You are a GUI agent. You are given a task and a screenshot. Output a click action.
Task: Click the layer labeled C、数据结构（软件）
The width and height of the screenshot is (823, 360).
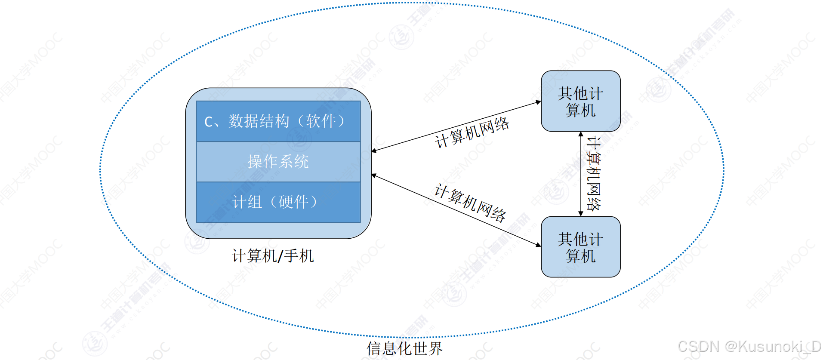pos(278,121)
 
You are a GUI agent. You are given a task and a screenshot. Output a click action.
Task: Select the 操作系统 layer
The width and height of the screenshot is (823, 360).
pos(278,162)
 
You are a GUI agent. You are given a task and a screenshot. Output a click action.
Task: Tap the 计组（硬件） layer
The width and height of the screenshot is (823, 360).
pos(278,202)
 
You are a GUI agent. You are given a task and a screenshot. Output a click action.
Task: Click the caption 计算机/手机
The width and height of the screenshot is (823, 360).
pos(273,256)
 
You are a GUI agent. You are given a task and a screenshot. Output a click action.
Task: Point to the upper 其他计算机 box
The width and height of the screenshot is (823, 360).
pos(580,101)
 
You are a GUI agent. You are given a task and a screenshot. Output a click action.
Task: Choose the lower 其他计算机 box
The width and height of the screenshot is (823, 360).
pos(580,247)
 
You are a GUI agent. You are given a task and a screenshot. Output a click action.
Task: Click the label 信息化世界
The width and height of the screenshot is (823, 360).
pos(404,348)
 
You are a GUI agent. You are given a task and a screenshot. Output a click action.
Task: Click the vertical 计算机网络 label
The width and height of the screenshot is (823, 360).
pos(594,174)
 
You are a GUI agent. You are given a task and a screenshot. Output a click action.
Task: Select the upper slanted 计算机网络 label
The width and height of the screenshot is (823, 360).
pos(472,132)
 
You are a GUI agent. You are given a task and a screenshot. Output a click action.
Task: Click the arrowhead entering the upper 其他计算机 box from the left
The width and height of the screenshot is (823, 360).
pos(538,102)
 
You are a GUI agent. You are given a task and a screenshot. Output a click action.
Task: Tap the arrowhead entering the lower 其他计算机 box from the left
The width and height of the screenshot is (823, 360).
pos(538,245)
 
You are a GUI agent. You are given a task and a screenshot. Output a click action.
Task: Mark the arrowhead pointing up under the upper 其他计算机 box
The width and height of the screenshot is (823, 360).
pos(580,135)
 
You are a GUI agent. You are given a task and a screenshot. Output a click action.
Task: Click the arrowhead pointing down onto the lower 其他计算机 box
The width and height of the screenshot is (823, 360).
pos(580,213)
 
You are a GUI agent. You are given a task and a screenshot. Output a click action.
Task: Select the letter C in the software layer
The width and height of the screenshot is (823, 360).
pos(209,122)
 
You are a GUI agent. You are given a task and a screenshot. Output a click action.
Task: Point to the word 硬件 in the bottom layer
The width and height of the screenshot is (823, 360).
pos(294,202)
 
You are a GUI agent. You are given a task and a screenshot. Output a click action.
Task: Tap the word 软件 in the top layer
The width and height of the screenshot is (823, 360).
pos(321,121)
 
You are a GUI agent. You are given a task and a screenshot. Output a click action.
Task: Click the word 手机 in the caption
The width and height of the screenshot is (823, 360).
pos(299,256)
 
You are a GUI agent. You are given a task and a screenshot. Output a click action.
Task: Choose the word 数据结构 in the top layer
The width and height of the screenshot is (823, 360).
pos(259,121)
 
